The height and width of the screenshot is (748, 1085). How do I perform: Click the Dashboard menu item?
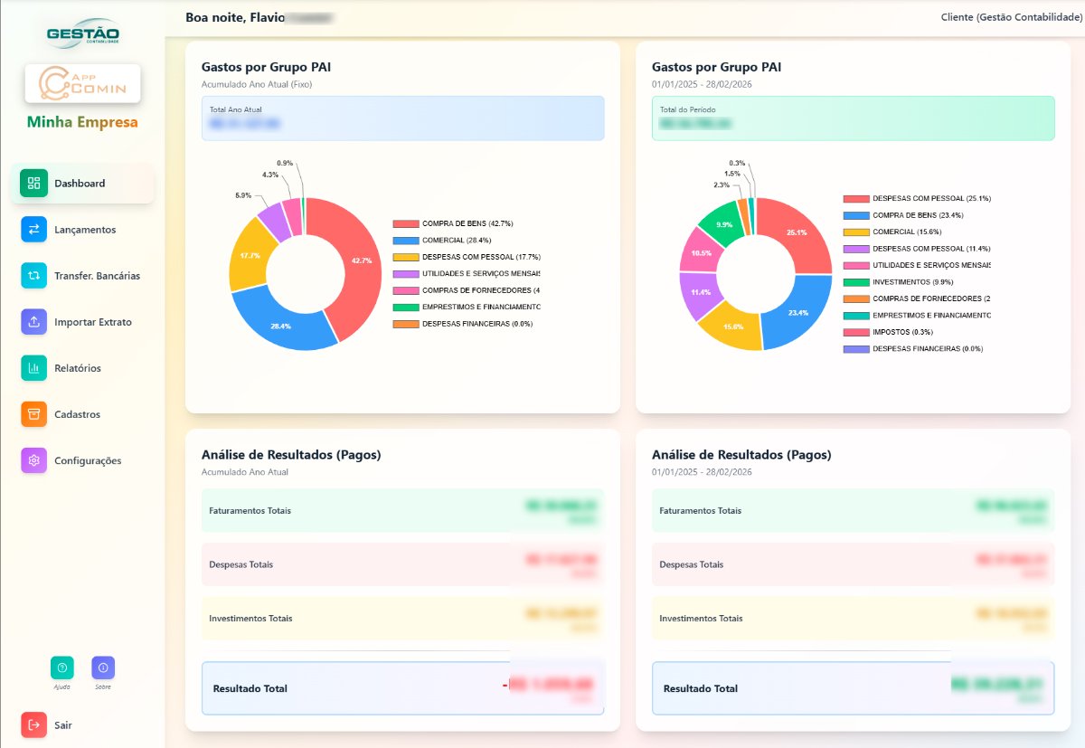[80, 184]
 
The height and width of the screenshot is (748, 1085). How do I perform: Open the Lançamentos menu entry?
[84, 230]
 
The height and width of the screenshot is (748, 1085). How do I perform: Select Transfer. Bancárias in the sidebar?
[97, 276]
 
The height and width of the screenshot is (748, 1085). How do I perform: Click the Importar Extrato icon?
[34, 322]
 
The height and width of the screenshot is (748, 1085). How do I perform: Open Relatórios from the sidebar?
[77, 368]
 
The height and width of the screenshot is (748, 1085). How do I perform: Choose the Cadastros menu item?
[77, 414]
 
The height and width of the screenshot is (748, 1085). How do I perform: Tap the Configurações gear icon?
[34, 460]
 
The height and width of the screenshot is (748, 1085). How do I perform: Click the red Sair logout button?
[34, 724]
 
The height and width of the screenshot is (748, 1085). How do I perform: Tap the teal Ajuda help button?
[62, 668]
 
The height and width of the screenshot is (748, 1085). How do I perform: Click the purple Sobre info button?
[103, 668]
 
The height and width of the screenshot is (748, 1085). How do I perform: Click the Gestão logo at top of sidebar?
[82, 35]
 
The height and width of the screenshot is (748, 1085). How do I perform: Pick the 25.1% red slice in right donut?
[796, 233]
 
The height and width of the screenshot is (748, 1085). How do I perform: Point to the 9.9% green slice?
[723, 223]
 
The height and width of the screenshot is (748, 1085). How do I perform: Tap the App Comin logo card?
[82, 84]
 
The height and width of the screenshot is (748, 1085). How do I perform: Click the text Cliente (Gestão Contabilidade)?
[1010, 17]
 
